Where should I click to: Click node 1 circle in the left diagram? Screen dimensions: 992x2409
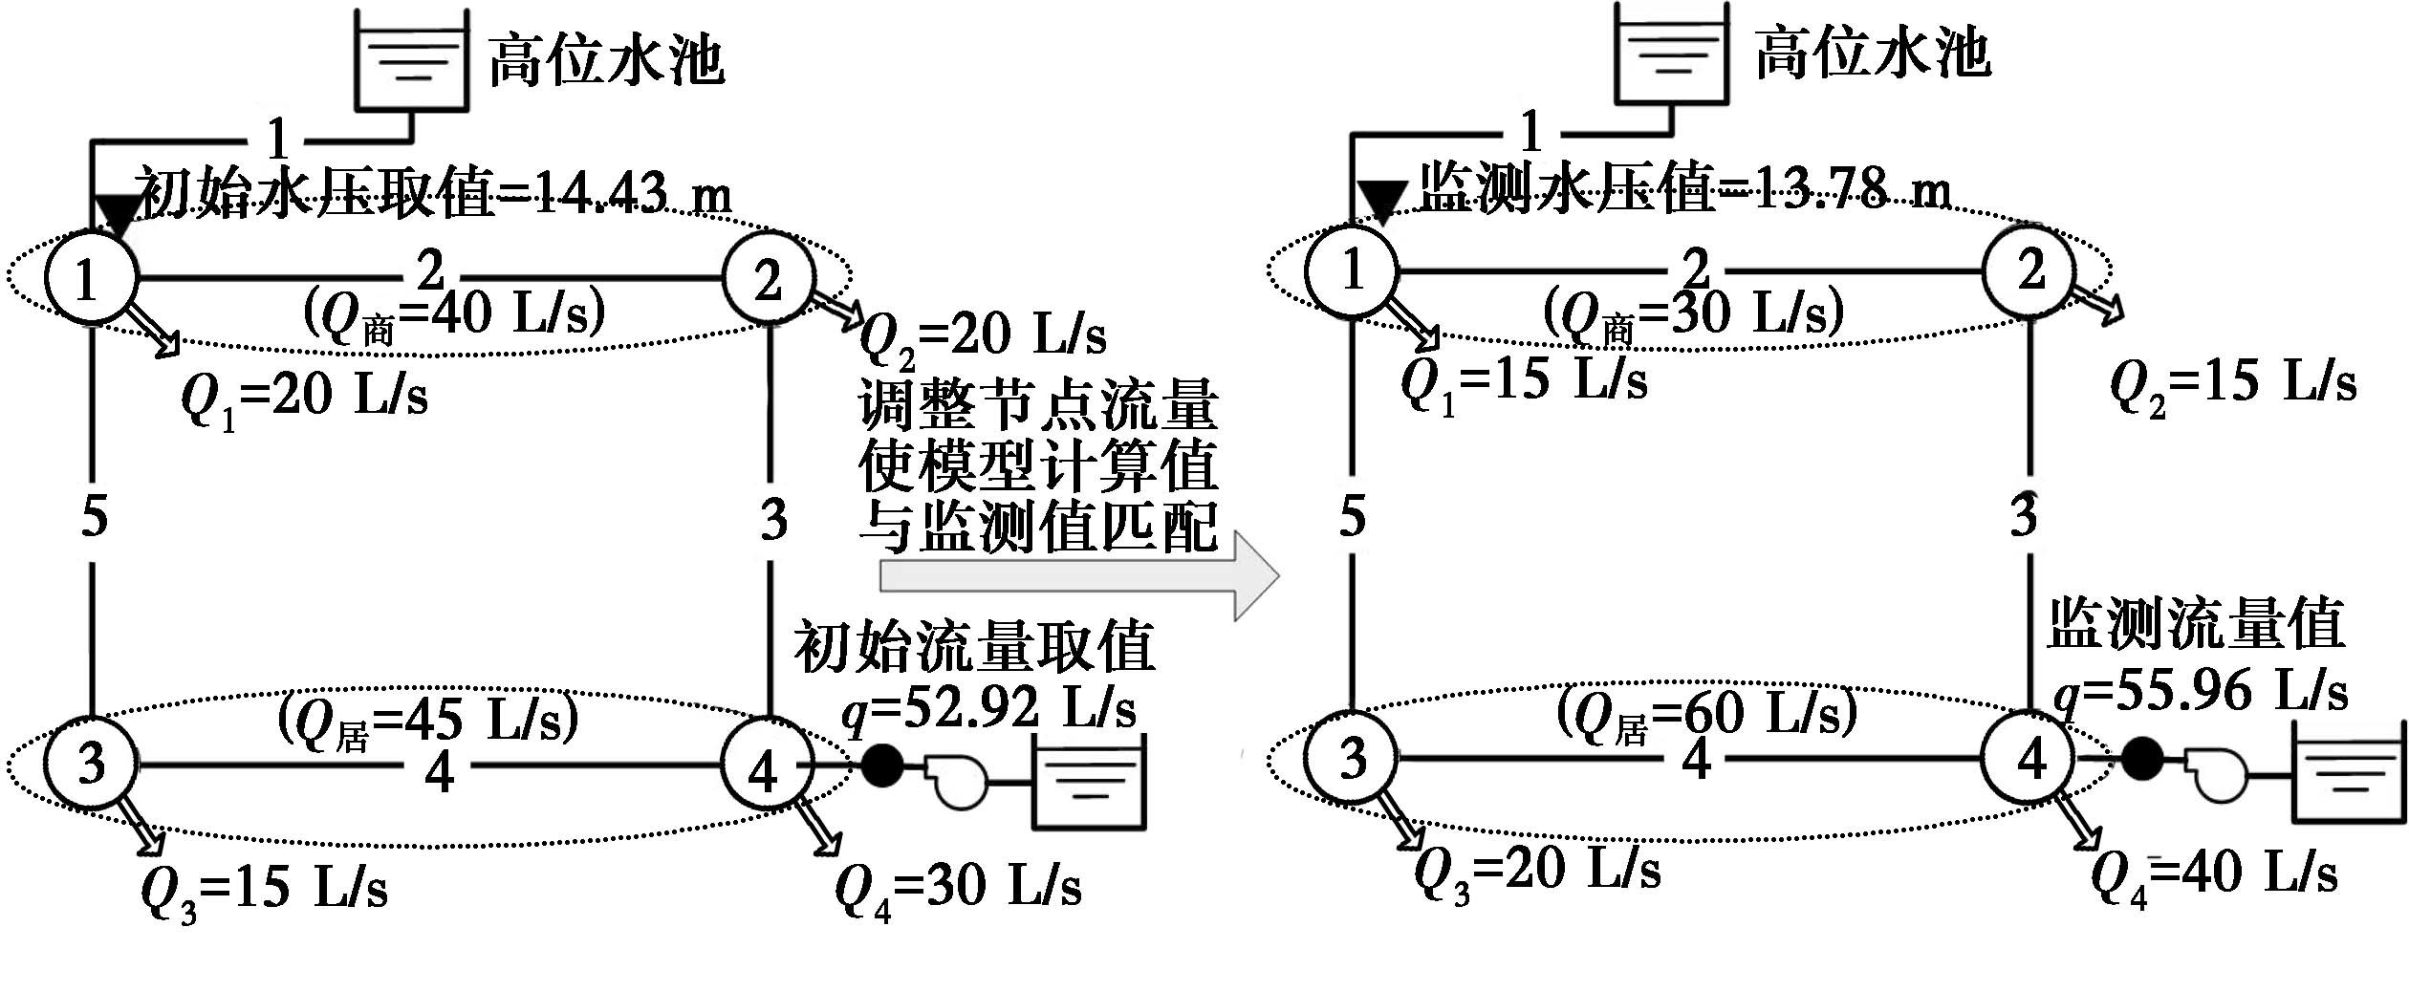pyautogui.click(x=89, y=279)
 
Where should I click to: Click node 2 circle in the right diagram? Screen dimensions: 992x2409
pyautogui.click(x=2030, y=270)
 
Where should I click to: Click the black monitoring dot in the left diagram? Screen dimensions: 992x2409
pyautogui.click(x=881, y=766)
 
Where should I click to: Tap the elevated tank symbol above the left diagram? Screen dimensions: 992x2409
pyautogui.click(x=411, y=62)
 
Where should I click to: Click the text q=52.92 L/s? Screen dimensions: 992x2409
pyautogui.click(x=988, y=710)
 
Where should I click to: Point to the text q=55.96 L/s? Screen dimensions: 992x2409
pyautogui.click(x=2201, y=691)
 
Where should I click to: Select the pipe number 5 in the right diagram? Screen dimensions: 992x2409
pyautogui.click(x=1352, y=517)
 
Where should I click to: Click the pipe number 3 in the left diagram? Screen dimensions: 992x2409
pyautogui.click(x=772, y=521)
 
